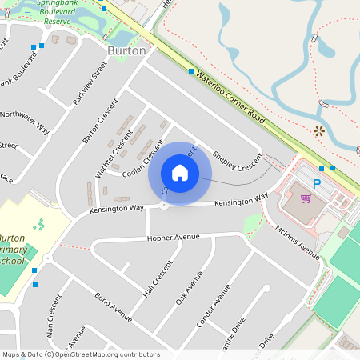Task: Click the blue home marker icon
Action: click(180, 172)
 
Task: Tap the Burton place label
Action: click(126, 50)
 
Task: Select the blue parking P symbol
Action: click(316, 184)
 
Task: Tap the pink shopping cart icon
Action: click(304, 196)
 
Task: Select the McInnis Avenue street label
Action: click(297, 236)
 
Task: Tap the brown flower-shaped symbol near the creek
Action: click(319, 130)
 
